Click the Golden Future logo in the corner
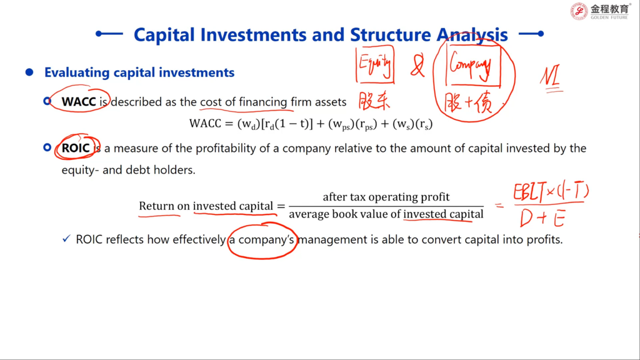point(600,11)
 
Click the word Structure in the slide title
point(390,35)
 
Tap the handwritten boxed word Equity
point(375,64)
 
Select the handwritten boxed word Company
point(472,65)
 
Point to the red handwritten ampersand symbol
point(417,66)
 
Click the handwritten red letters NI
point(551,77)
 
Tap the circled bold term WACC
point(79,102)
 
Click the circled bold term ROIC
point(76,147)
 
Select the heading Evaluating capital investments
point(139,72)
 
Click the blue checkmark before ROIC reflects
point(66,239)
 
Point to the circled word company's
point(266,239)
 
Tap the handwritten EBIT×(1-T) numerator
point(551,192)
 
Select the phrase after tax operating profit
point(386,197)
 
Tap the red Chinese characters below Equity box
point(374,101)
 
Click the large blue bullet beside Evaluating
point(29,72)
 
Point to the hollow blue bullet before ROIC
point(47,147)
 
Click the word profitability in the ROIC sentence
point(226,149)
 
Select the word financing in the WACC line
point(263,102)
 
